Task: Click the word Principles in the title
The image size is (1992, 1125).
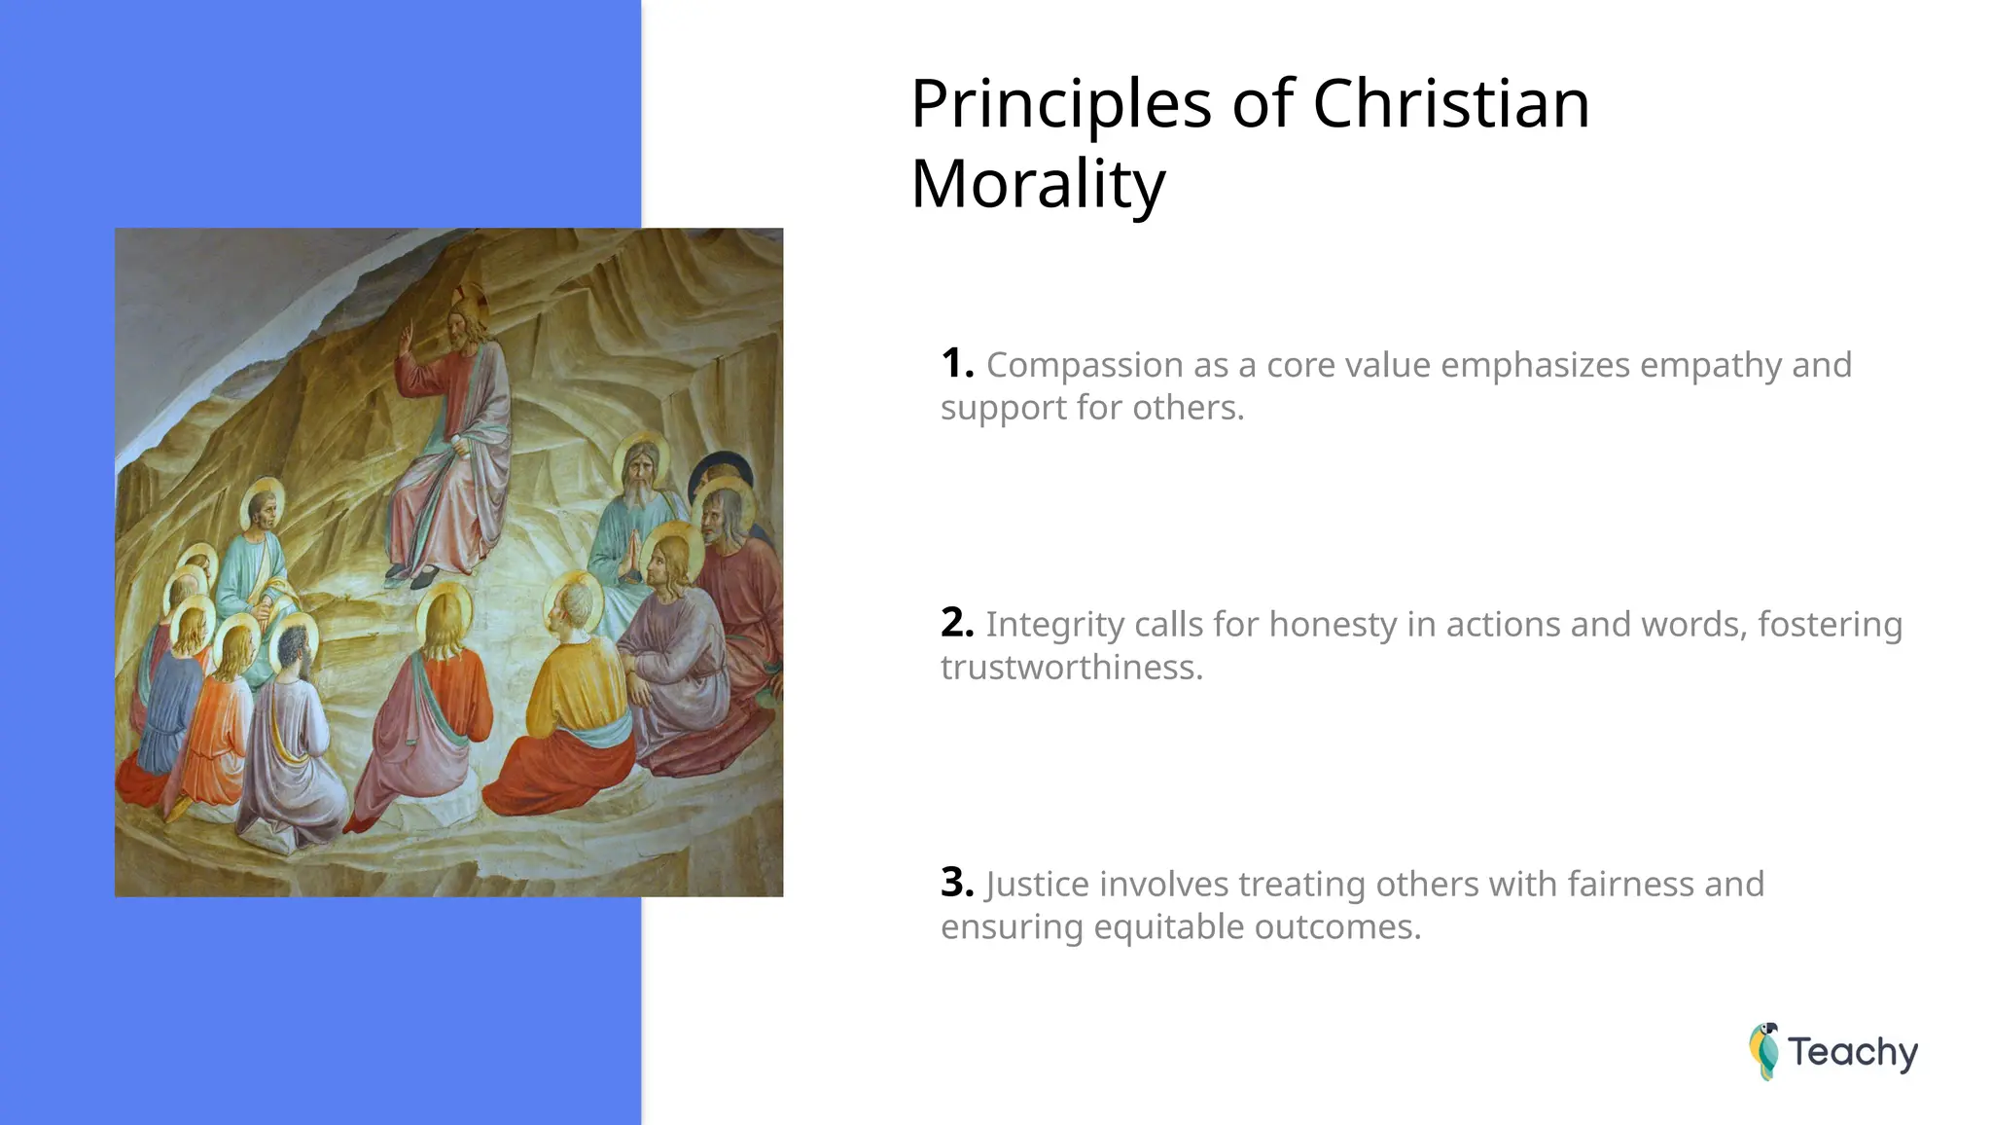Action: (x=1060, y=105)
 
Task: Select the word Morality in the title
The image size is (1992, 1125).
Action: (x=1038, y=184)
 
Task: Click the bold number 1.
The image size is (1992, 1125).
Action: (x=956, y=364)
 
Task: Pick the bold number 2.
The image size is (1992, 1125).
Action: (x=956, y=623)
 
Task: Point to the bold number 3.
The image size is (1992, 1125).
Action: (x=956, y=883)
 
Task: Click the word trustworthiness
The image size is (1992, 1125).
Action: (x=1071, y=668)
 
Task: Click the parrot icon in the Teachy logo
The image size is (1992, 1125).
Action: (x=1763, y=1051)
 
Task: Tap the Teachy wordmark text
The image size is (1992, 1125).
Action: (x=1852, y=1052)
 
